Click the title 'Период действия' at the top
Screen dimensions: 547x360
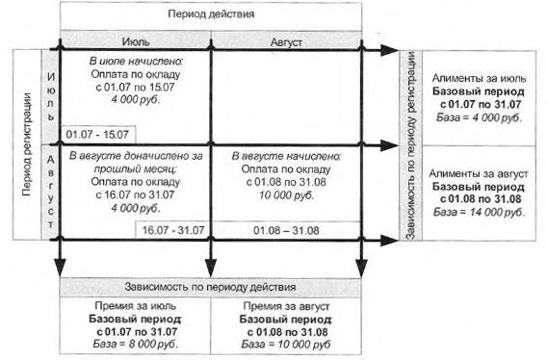(x=211, y=14)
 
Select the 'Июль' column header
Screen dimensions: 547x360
(x=136, y=41)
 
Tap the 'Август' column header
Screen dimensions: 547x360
(x=286, y=42)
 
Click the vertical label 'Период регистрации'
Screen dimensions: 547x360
(x=27, y=144)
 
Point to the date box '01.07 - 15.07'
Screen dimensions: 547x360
(x=97, y=135)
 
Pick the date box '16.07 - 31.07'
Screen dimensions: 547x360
(x=173, y=230)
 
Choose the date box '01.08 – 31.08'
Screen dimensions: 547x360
(x=286, y=231)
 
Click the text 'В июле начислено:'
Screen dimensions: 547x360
(x=137, y=62)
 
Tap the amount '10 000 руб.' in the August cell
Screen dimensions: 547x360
(x=286, y=195)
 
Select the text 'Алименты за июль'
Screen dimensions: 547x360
(x=479, y=78)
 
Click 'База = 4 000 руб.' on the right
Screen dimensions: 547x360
(x=479, y=117)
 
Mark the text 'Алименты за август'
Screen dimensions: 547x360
(x=479, y=173)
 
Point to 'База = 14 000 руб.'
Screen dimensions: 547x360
(x=479, y=212)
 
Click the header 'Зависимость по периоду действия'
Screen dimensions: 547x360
(x=210, y=287)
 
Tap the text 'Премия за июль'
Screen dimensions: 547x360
(x=136, y=306)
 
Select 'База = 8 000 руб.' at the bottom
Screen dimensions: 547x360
(x=136, y=345)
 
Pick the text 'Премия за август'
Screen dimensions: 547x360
(x=286, y=306)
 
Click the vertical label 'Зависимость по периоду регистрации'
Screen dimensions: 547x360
(x=411, y=145)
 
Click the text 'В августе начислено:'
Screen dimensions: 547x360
(x=286, y=156)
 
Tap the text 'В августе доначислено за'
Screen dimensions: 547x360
(x=136, y=156)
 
